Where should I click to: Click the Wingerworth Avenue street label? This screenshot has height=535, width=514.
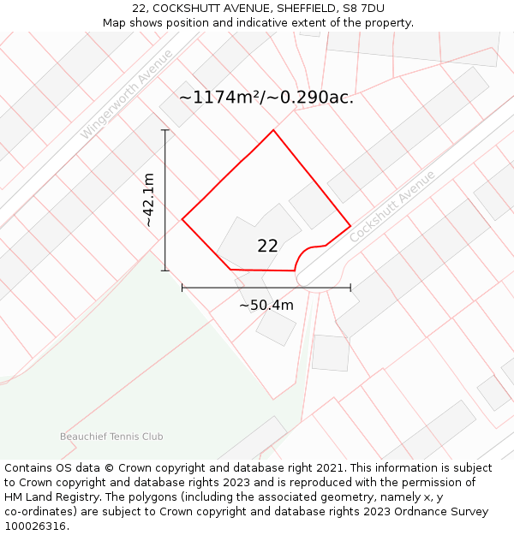pyautogui.click(x=127, y=94)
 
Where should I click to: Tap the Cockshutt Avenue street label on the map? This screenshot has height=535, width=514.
pyautogui.click(x=393, y=205)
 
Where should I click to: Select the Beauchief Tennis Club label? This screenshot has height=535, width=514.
pyautogui.click(x=111, y=437)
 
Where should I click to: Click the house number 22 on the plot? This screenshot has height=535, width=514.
pyautogui.click(x=267, y=246)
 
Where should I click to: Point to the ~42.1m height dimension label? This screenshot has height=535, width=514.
pyautogui.click(x=148, y=200)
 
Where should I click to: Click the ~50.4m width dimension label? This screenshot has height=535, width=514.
pyautogui.click(x=266, y=306)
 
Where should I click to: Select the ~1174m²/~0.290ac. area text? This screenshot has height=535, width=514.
pyautogui.click(x=266, y=98)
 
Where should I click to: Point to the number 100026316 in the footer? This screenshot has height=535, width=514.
pyautogui.click(x=37, y=526)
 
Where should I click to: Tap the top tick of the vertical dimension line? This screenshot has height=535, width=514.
pyautogui.click(x=164, y=130)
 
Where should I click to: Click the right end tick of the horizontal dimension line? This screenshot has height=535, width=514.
pyautogui.click(x=350, y=288)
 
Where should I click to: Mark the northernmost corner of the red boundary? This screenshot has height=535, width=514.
pyautogui.click(x=273, y=130)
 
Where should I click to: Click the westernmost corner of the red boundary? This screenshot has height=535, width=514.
pyautogui.click(x=182, y=219)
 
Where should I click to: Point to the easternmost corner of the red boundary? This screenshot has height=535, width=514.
pyautogui.click(x=350, y=226)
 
